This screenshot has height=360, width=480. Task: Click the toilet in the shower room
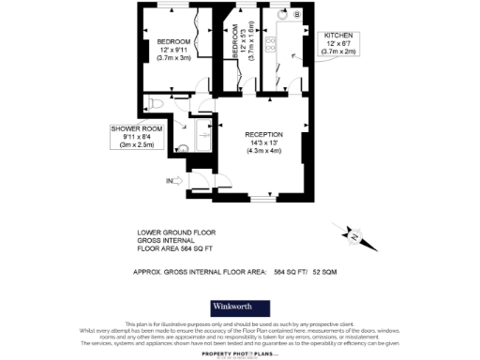[160, 103]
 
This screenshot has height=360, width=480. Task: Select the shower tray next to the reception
[203, 139]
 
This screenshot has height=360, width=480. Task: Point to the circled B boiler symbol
[296, 16]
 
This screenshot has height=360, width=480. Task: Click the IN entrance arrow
[172, 180]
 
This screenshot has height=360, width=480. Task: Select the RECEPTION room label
[263, 135]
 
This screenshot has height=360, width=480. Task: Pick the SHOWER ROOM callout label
[135, 127]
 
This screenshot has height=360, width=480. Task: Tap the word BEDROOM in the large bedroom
[173, 42]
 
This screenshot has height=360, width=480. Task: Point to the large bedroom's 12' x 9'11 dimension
[173, 51]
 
